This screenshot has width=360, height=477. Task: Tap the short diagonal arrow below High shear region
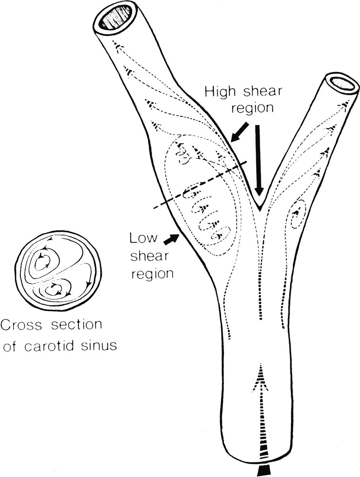point(239,132)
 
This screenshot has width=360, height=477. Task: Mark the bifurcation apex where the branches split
point(259,207)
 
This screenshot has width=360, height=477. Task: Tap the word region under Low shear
point(153,274)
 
